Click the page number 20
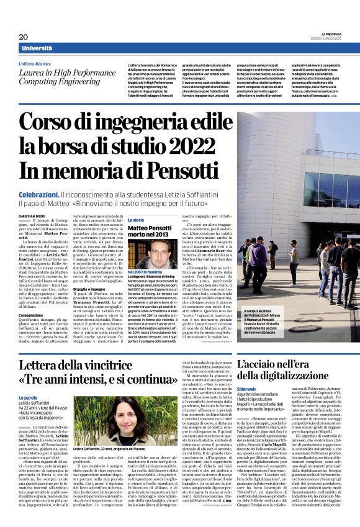24,37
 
